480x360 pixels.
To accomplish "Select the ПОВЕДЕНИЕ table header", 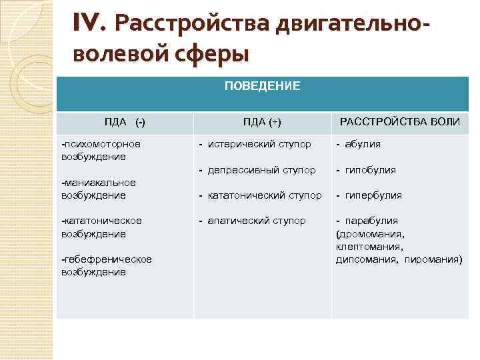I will [x=262, y=86].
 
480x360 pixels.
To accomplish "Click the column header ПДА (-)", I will [x=125, y=122].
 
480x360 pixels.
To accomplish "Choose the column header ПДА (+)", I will [x=262, y=122].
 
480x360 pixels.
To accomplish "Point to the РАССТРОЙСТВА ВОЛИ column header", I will [x=400, y=122].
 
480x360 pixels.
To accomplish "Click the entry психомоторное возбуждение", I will [x=101, y=150].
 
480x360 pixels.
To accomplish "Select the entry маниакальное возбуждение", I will [x=98, y=189].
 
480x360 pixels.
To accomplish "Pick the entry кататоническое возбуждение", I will [x=101, y=227].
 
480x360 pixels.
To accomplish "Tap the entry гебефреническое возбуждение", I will [x=106, y=265].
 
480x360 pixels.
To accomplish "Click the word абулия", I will [x=363, y=144].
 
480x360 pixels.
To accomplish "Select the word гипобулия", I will [x=370, y=170].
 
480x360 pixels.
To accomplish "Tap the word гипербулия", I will [x=373, y=195].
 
